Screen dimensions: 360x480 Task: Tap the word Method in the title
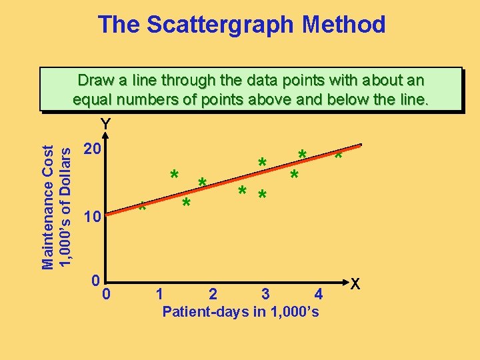(345, 25)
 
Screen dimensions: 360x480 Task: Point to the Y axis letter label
(105, 124)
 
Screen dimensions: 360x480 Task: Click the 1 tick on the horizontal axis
(159, 293)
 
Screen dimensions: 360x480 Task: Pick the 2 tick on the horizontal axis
(212, 293)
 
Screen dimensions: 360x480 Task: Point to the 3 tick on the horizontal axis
(265, 293)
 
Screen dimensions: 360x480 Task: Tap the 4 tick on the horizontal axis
(319, 293)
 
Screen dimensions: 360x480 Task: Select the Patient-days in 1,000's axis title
(241, 312)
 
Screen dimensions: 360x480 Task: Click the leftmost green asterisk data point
(142, 207)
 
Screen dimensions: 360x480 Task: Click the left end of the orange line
(109, 215)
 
